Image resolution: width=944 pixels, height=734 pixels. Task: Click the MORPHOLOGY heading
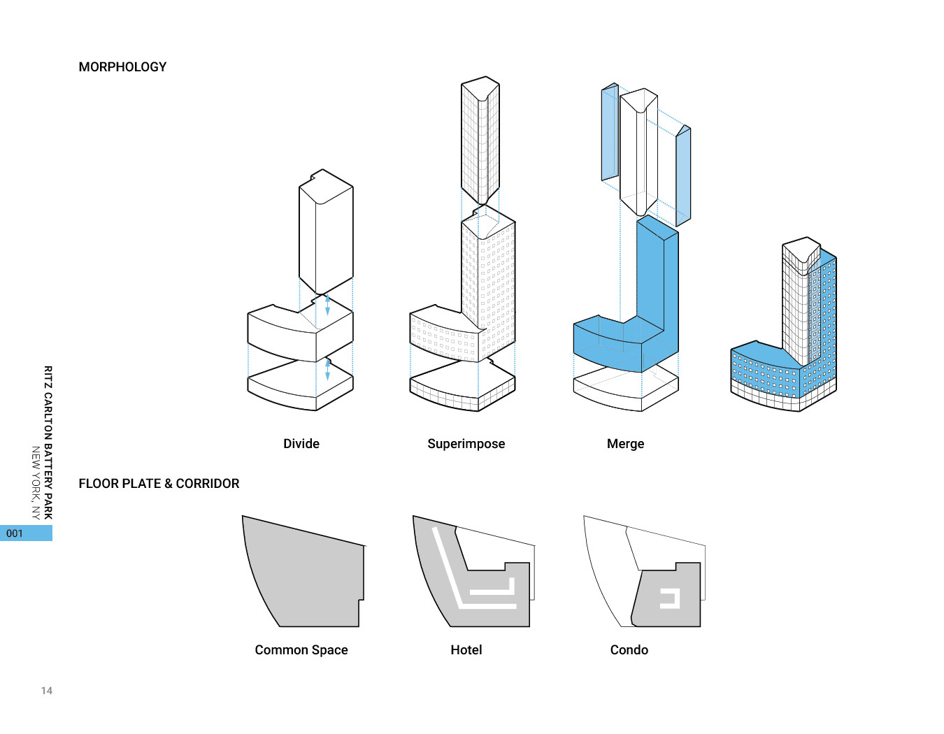[122, 67]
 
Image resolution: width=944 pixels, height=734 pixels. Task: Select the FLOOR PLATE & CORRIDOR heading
[159, 484]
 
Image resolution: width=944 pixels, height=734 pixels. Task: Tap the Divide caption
[301, 444]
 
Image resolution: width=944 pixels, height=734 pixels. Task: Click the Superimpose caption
[466, 444]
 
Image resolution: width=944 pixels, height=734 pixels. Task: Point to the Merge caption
[625, 444]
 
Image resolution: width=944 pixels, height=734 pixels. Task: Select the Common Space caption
[301, 650]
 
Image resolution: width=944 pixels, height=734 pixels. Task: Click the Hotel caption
[466, 650]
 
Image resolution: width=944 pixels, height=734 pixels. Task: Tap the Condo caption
[629, 650]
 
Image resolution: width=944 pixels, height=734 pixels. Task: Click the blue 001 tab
[26, 533]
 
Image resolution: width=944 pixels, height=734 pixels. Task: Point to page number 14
[47, 691]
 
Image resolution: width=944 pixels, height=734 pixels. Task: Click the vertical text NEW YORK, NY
[36, 483]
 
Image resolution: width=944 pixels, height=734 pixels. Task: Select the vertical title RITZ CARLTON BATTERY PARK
[48, 442]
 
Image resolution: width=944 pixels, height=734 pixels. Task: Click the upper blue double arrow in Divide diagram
[327, 305]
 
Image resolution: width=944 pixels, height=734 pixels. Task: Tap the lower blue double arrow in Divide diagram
[327, 370]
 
